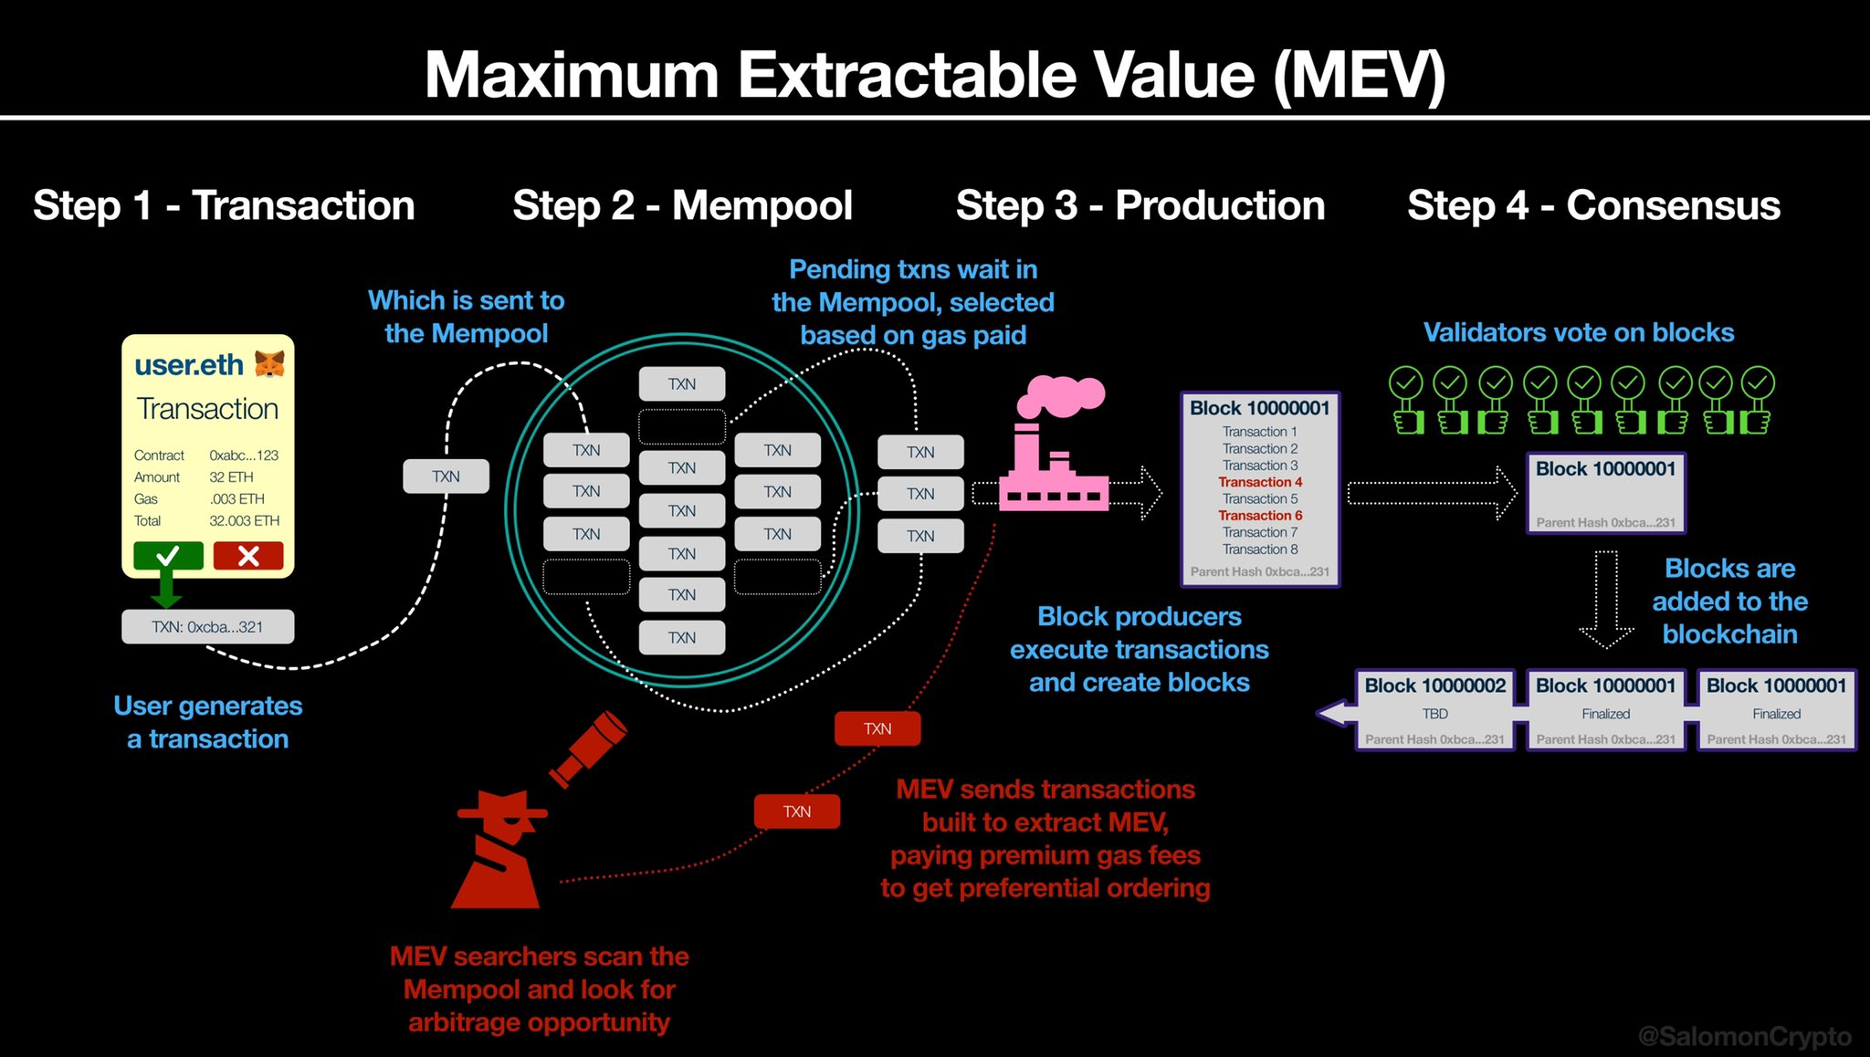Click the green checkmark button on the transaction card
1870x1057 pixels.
[168, 555]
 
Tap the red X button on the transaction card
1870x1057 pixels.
[248, 555]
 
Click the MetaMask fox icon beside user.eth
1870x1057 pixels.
[269, 364]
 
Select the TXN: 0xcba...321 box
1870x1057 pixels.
[207, 627]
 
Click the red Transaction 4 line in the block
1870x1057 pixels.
[1260, 482]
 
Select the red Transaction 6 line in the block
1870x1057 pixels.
[1260, 516]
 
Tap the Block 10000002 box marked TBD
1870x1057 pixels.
[1434, 711]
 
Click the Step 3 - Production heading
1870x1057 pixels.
[1140, 205]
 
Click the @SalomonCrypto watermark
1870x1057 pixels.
[1744, 1036]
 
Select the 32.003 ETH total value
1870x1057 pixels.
[244, 521]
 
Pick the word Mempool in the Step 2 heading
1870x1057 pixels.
[762, 205]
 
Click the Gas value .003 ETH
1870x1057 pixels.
[236, 499]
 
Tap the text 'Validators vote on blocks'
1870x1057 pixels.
[1578, 332]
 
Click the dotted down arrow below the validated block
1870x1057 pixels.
[1606, 598]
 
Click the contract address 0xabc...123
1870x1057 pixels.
[244, 455]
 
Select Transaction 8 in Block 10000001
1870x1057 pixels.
[1260, 549]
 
